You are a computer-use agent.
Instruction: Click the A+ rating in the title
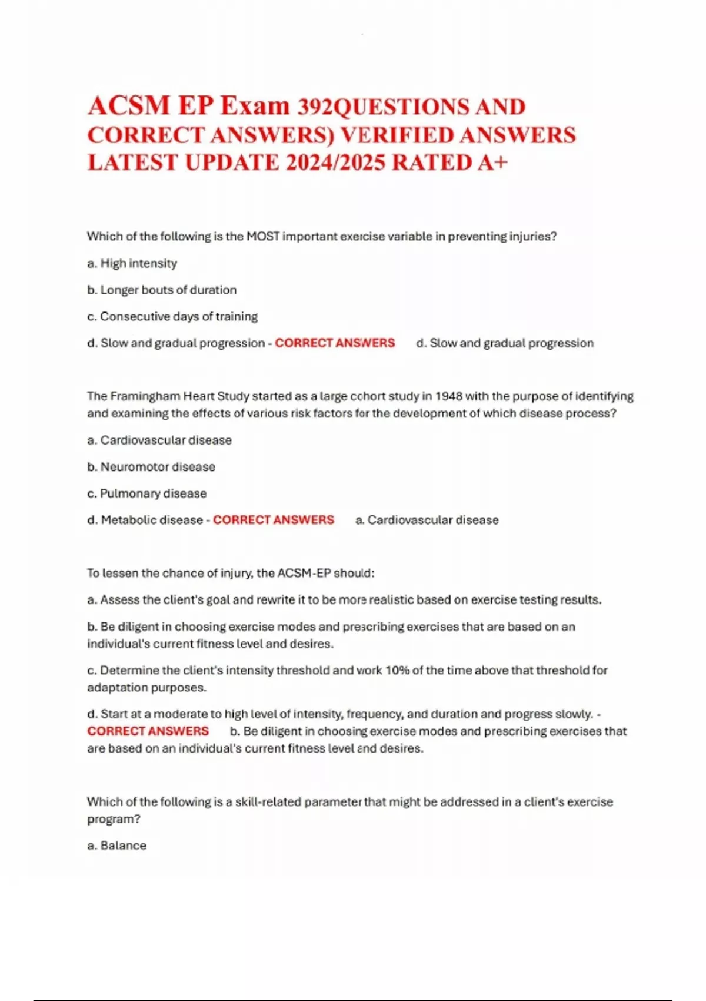click(x=492, y=163)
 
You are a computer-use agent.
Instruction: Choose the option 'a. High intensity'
click(x=132, y=263)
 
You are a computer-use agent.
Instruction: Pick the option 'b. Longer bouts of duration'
click(x=162, y=290)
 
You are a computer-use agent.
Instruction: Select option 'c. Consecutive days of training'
click(x=172, y=316)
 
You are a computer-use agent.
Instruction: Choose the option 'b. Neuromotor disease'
click(x=151, y=467)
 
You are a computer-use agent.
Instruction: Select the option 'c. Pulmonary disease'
click(x=147, y=493)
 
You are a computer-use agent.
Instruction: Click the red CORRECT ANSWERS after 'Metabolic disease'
click(x=274, y=520)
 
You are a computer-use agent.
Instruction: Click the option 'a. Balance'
click(x=117, y=846)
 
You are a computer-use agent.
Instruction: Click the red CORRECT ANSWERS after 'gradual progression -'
click(x=335, y=343)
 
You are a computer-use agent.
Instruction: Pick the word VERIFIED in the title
click(x=397, y=135)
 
